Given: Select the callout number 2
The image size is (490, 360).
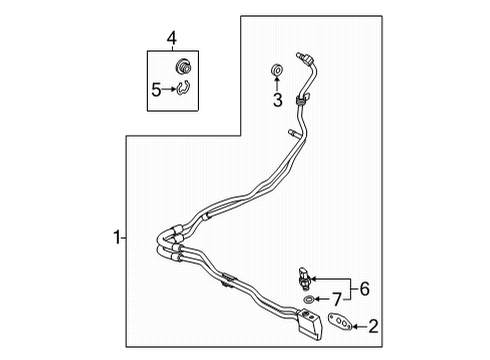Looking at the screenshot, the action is coord(374,324).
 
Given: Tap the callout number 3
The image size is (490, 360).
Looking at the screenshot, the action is coord(279,99).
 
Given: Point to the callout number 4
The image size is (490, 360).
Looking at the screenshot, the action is coord(171,39).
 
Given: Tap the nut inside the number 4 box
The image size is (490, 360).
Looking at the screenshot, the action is coord(182,67).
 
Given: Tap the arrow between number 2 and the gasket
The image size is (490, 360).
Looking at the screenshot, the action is coord(360,324).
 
